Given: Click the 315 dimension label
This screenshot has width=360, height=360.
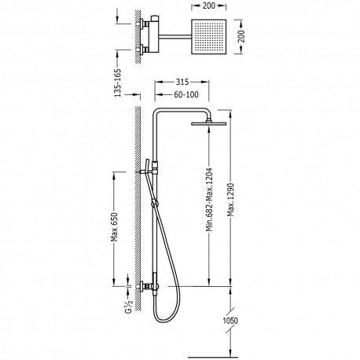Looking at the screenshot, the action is click(x=182, y=82).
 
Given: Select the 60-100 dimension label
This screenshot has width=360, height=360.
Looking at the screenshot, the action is click(x=186, y=94).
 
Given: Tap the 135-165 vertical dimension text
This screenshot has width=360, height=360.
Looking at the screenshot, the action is click(x=118, y=83).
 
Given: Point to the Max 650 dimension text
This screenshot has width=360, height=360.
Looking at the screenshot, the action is click(x=114, y=227).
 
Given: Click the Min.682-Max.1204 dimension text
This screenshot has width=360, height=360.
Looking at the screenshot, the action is click(x=209, y=200).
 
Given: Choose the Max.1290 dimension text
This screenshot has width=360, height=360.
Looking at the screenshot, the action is click(x=230, y=200).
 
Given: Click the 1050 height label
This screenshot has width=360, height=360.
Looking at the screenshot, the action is click(x=230, y=321).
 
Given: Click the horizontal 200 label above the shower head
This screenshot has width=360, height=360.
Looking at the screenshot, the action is click(x=209, y=6).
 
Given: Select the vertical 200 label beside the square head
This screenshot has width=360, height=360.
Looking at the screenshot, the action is click(x=241, y=36).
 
